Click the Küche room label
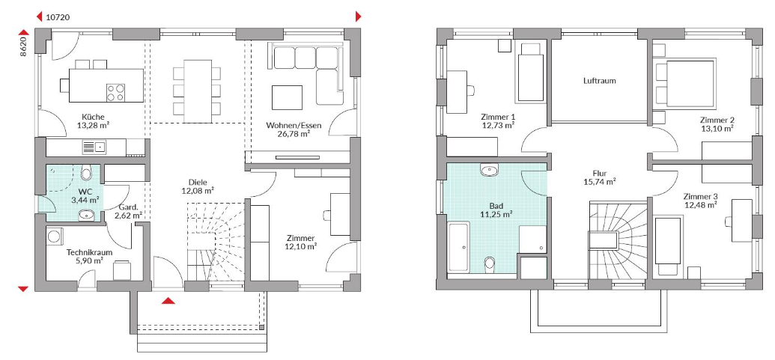point(94,117)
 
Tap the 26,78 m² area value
point(294,133)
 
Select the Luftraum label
point(600,81)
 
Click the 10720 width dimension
point(58,17)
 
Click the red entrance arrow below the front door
point(168,300)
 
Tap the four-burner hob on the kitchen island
point(115,92)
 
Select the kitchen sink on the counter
point(94,147)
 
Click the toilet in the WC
point(86,173)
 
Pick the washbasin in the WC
point(87,215)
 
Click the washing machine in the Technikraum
point(55,235)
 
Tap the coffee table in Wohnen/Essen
point(287,98)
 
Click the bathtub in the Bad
point(459,247)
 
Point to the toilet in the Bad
point(489,263)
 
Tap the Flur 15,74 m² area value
point(600,182)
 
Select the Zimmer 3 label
point(700,196)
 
